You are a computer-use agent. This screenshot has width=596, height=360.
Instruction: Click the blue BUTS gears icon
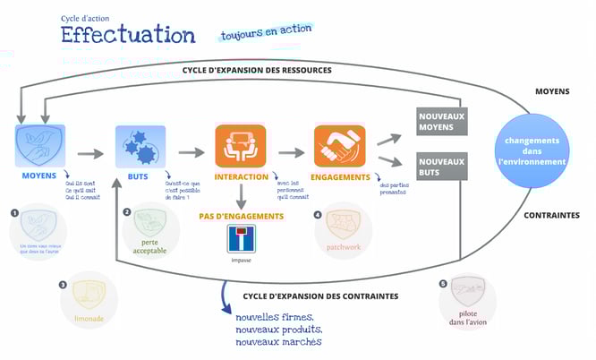pyautogui.click(x=140, y=145)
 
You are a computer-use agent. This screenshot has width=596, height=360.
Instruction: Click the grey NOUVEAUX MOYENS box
pyautogui.click(x=443, y=120)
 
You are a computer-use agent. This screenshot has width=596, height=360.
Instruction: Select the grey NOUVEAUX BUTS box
pyautogui.click(x=443, y=167)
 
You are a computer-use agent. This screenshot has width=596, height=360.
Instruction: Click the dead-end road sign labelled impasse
pyautogui.click(x=241, y=239)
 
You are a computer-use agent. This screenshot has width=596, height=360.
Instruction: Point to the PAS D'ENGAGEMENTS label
pyautogui.click(x=241, y=216)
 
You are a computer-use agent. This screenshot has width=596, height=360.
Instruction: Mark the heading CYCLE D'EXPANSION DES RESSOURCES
pyautogui.click(x=257, y=70)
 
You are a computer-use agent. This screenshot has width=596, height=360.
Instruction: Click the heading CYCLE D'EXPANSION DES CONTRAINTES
pyautogui.click(x=320, y=296)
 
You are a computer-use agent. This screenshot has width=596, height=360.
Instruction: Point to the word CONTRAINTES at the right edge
pyautogui.click(x=550, y=216)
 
